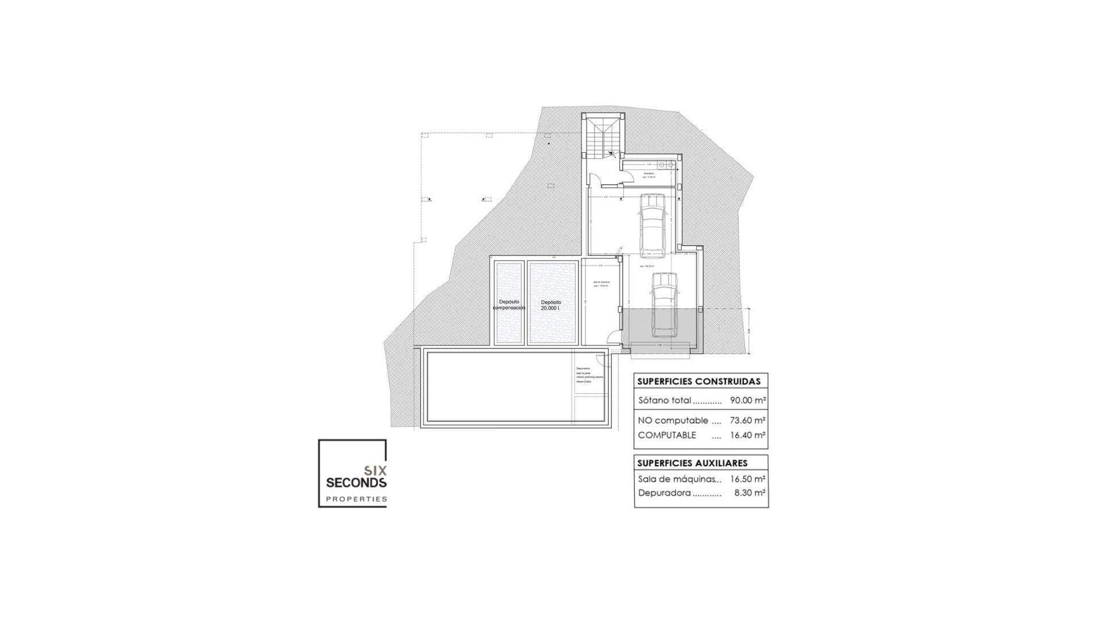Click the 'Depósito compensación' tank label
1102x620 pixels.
tap(509, 305)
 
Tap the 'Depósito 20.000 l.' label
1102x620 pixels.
tap(550, 305)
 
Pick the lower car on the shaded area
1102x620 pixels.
tap(665, 304)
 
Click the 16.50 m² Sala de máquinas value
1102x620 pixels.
tap(747, 479)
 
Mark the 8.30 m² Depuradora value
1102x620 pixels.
tap(750, 493)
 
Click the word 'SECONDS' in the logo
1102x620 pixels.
tap(356, 483)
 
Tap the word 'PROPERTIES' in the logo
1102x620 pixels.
tap(356, 499)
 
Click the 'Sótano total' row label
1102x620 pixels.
tap(665, 401)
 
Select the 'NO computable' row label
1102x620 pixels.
tap(673, 420)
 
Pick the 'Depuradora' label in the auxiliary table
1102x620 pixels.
tap(664, 493)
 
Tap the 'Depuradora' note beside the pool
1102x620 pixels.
tap(583, 369)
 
